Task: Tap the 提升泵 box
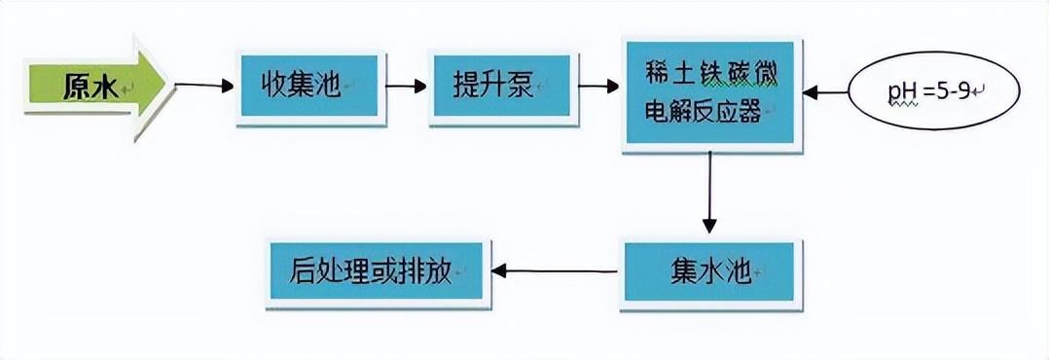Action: click(x=499, y=87)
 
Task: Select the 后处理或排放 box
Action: click(x=376, y=271)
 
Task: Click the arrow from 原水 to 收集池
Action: click(x=203, y=86)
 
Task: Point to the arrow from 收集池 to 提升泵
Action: click(x=406, y=86)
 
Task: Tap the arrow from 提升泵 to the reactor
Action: click(x=597, y=86)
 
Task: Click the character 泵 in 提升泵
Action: click(x=524, y=86)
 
